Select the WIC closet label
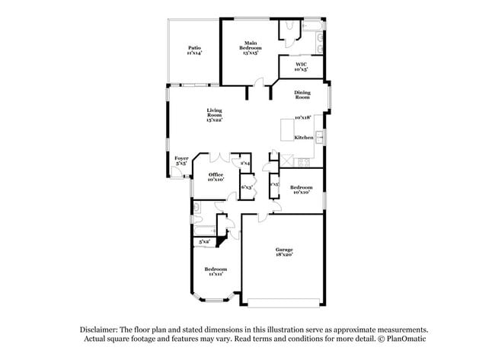(302, 66)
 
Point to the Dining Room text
(302, 94)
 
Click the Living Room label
(214, 114)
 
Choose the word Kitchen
(303, 137)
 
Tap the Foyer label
(181, 161)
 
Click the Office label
(216, 177)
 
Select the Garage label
(284, 252)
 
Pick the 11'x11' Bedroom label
(216, 271)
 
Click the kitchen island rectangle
(287, 129)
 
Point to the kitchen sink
(321, 137)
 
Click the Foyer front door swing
(176, 174)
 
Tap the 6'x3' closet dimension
(247, 186)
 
